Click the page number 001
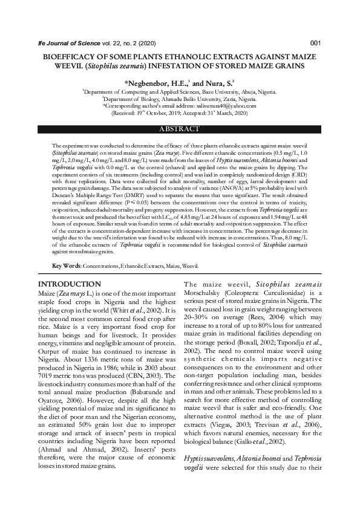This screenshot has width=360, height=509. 315,43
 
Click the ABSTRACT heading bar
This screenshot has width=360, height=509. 179,129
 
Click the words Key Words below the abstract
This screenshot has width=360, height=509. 66,266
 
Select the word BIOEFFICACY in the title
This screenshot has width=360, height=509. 69,54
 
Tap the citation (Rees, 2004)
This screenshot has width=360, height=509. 239,316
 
